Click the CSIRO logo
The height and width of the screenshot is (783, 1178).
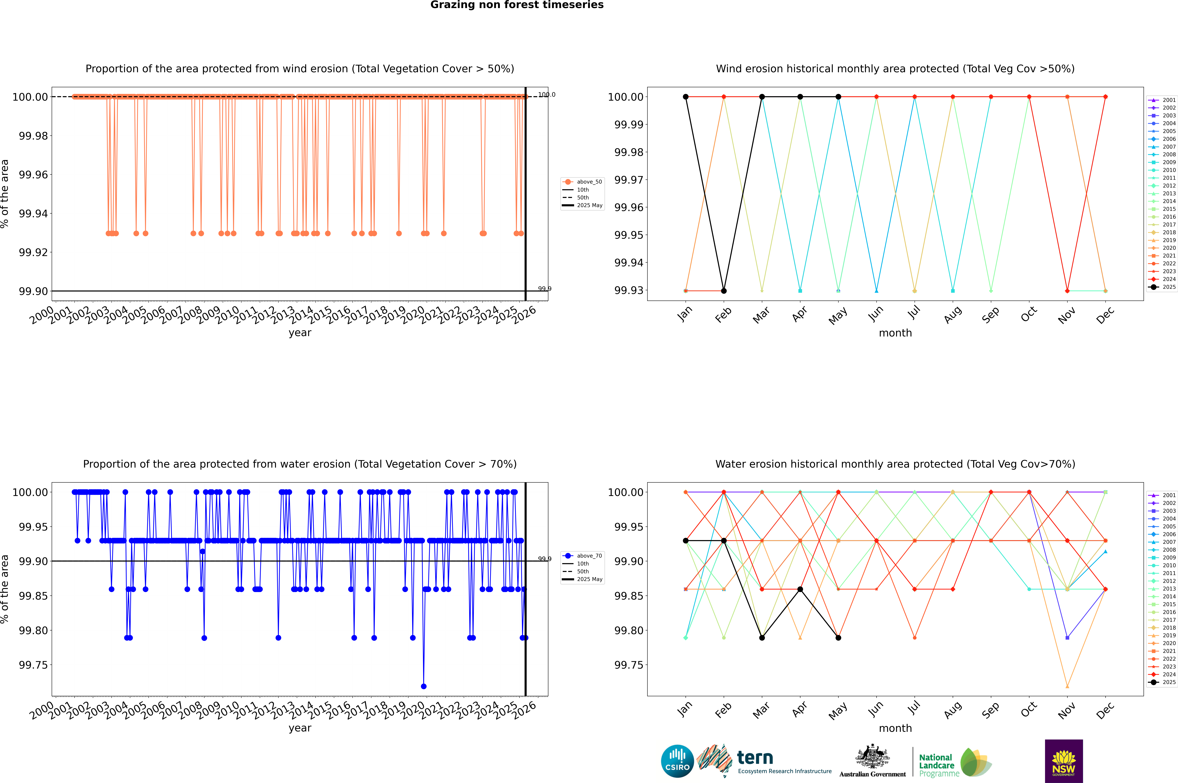coord(677,761)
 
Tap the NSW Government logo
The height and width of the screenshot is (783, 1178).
coord(1064,761)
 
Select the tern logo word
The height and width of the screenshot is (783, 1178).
coord(755,758)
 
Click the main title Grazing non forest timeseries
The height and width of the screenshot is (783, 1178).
coord(517,5)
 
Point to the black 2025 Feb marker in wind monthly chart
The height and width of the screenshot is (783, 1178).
coord(724,291)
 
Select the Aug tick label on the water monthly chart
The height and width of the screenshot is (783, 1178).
coord(953,710)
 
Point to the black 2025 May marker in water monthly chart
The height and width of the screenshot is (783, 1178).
coord(838,638)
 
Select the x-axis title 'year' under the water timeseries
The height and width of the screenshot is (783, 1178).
coord(300,728)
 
